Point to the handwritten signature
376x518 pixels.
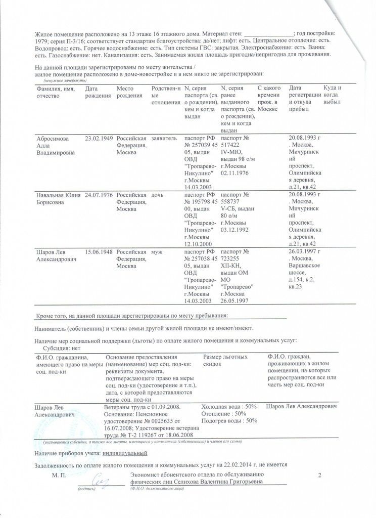pos(100,482)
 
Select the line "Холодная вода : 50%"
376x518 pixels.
pos(229,407)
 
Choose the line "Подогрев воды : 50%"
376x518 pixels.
pos(229,420)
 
